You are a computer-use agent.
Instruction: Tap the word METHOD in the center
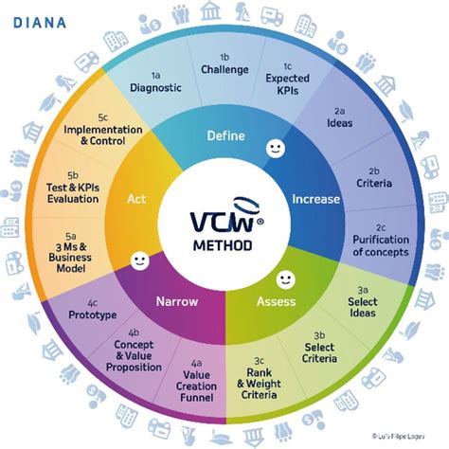coord(224,245)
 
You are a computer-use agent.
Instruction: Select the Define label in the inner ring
coord(226,136)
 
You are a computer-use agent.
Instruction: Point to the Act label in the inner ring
coord(136,201)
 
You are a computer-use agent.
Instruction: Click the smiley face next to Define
coord(275,149)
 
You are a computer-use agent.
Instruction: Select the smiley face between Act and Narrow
coord(138,259)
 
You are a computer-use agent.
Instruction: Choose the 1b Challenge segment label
coord(224,63)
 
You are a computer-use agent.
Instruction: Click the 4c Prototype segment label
coord(93,308)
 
